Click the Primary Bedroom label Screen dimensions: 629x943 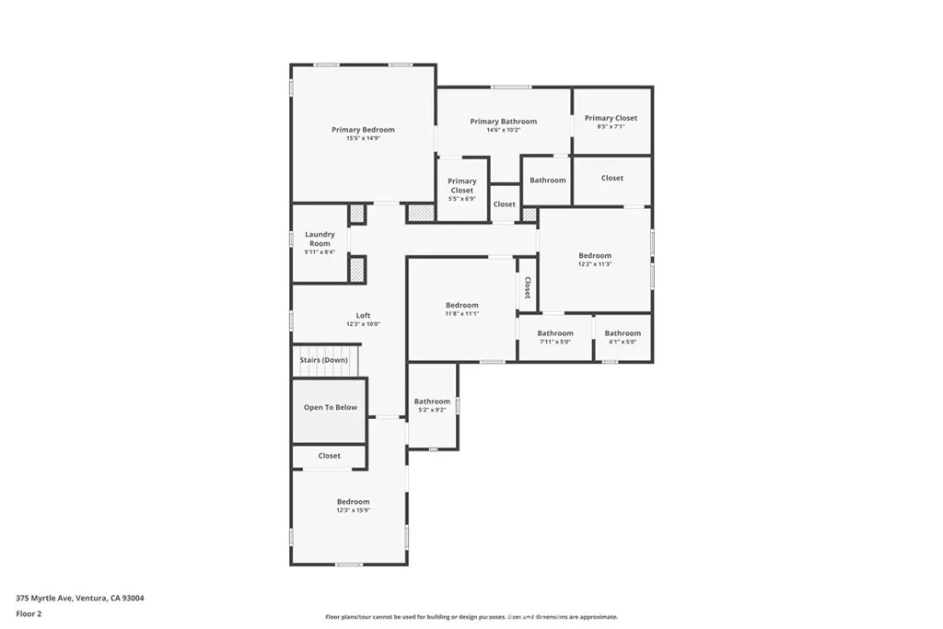(x=363, y=130)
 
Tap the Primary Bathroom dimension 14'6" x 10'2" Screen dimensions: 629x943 (x=504, y=130)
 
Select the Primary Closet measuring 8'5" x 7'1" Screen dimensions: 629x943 (x=611, y=122)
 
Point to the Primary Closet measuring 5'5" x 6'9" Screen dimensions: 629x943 (x=462, y=189)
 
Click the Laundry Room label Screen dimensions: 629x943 (x=320, y=242)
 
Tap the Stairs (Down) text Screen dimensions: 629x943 (x=323, y=360)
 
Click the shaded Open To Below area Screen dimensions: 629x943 (x=330, y=408)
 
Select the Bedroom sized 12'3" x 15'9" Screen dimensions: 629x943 (x=353, y=506)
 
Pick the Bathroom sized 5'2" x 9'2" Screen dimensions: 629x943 (x=432, y=405)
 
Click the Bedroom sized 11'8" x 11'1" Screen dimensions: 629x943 (x=461, y=309)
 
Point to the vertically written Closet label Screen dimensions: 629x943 (x=528, y=287)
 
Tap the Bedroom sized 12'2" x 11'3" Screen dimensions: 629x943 (x=595, y=259)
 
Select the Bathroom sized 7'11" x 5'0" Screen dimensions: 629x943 (x=555, y=337)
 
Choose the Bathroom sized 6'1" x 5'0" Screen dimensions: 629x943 (x=623, y=337)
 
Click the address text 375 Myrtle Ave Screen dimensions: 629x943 (x=80, y=598)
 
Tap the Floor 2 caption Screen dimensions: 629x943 (x=29, y=612)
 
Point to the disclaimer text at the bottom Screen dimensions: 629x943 (x=471, y=617)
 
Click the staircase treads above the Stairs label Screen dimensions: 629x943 (x=329, y=350)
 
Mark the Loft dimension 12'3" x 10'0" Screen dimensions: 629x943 (x=363, y=324)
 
